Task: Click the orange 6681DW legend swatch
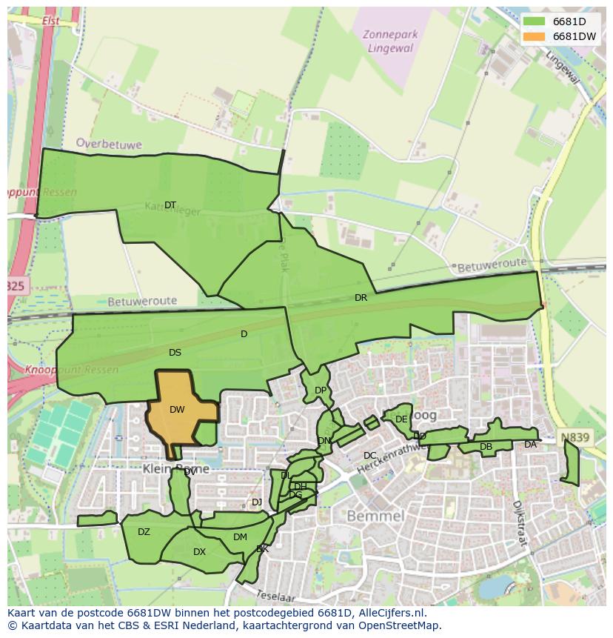(533, 36)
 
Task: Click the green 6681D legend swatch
(533, 21)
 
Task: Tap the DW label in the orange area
(177, 410)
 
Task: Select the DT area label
(170, 205)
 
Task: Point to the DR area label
(361, 298)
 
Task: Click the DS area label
(175, 353)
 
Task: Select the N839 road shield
(575, 438)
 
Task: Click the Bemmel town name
(375, 516)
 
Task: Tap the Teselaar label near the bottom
(275, 595)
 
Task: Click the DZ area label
(144, 532)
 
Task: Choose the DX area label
(199, 552)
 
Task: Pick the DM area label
(240, 537)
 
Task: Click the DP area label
(320, 391)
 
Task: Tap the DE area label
(401, 419)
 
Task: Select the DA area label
(530, 445)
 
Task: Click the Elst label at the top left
(51, 21)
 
